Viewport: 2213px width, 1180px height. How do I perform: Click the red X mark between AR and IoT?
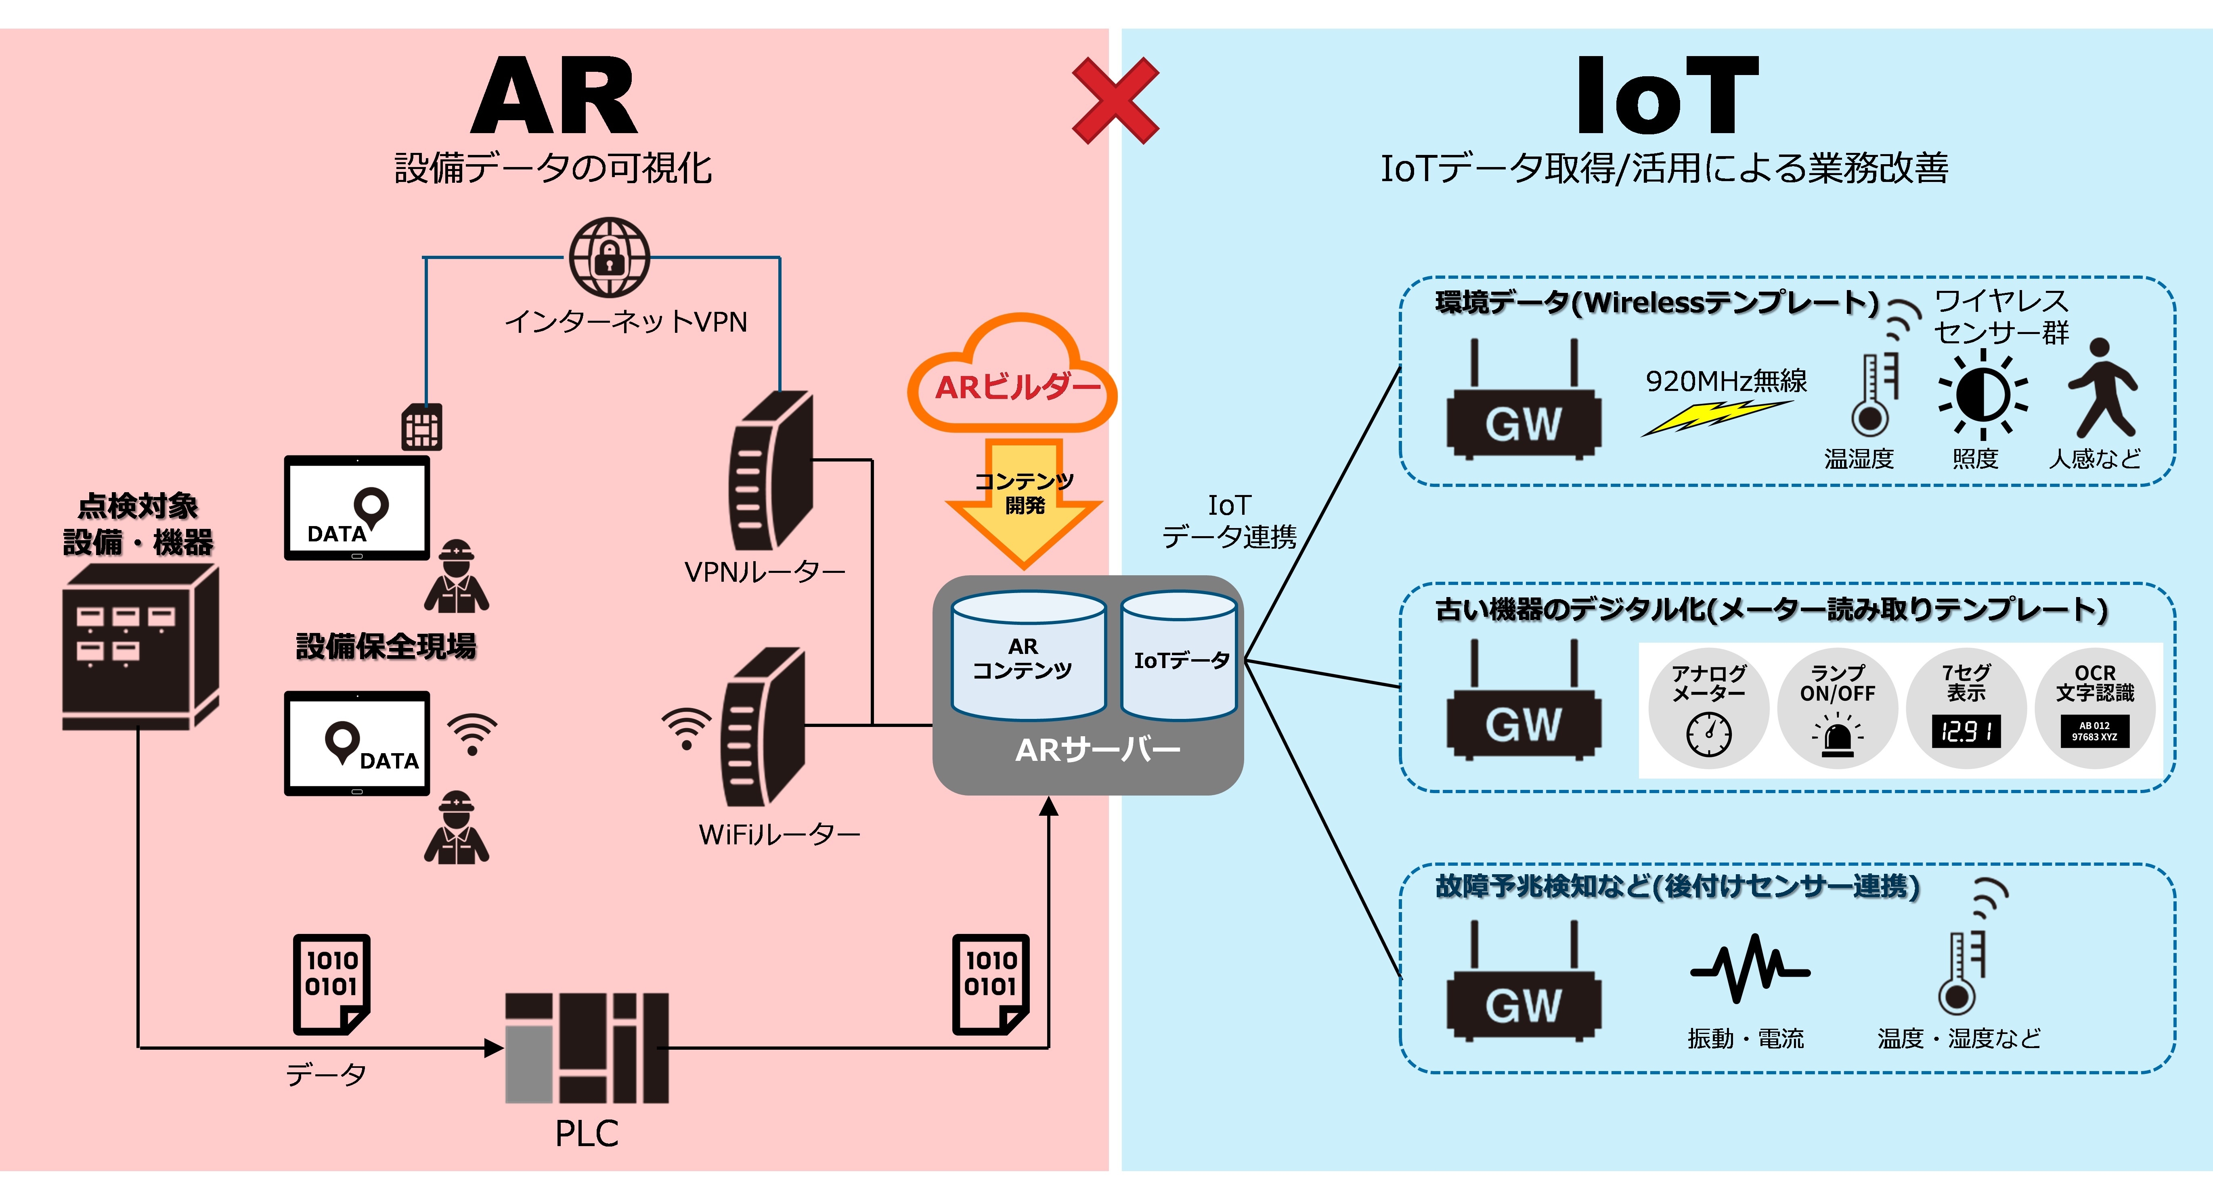pos(1115,100)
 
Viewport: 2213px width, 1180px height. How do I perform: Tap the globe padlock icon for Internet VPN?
pos(609,257)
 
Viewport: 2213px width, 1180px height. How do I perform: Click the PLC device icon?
pos(587,1048)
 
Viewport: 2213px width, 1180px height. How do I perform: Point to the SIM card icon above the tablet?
pos(422,427)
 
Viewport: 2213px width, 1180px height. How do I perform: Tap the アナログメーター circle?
pos(1708,708)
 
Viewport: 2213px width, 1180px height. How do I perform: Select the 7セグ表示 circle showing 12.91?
pos(1966,708)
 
